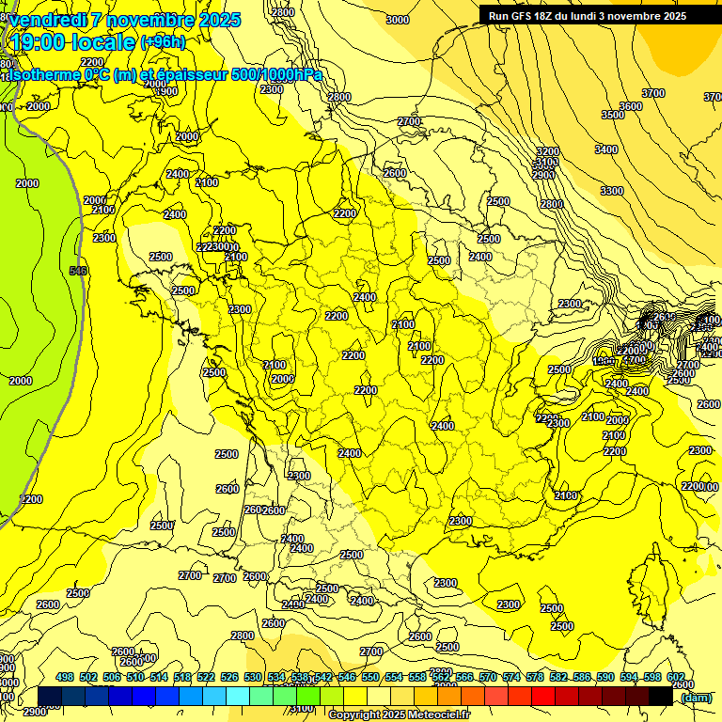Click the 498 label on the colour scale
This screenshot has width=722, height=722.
point(65,678)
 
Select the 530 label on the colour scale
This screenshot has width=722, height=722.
point(253,678)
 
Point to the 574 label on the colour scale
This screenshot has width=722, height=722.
point(511,678)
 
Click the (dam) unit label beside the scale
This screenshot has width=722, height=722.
point(696,697)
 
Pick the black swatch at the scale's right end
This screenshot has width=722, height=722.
point(661,696)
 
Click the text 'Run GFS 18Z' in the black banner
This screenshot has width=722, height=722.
point(523,16)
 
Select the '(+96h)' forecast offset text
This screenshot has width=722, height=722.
point(163,41)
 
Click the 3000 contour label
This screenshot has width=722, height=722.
point(398,20)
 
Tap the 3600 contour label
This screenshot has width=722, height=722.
point(631,106)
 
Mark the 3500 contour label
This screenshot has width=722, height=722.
point(613,115)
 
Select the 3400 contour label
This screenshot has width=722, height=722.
point(606,149)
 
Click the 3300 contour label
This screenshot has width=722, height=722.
point(612,191)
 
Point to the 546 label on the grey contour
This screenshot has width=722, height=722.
point(78,271)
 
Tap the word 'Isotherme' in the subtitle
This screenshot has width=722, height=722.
point(43,74)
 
